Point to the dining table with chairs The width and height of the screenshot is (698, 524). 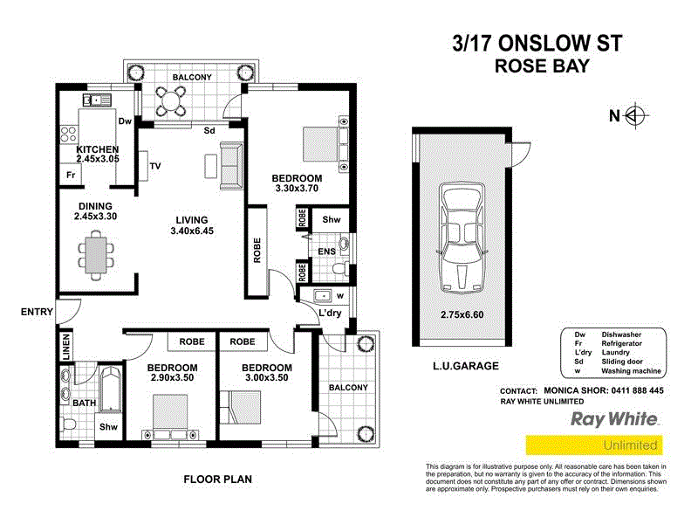[95, 252]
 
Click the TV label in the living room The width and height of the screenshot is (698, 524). [155, 166]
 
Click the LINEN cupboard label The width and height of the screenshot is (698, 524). [65, 346]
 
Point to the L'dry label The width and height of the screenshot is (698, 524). [329, 313]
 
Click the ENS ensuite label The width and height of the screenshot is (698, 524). [326, 252]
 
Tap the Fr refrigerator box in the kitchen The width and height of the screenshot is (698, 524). [69, 176]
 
